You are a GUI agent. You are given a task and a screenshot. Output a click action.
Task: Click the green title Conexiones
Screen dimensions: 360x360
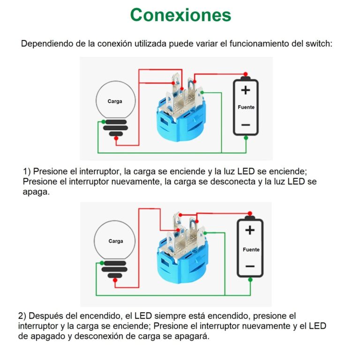(180, 15)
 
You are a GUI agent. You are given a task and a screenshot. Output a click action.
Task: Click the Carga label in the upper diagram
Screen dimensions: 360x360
(115, 101)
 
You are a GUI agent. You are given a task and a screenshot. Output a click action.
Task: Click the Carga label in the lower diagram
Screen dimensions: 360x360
(116, 241)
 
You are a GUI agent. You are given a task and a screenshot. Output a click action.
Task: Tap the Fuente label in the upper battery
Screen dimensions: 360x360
(246, 107)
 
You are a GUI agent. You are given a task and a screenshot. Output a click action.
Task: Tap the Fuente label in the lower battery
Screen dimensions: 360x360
(251, 250)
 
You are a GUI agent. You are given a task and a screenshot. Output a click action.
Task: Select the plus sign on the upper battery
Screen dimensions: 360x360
(246, 90)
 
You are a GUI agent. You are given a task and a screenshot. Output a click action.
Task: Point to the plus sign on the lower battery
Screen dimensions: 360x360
(250, 230)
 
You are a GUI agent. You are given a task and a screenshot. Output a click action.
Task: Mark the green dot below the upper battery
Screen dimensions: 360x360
(246, 138)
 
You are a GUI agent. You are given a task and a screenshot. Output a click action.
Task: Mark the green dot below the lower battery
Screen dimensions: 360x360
(250, 280)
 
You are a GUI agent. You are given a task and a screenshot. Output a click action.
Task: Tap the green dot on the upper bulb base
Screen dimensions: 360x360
(103, 122)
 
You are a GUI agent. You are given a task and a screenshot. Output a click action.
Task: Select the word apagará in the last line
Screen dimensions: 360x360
(192, 337)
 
